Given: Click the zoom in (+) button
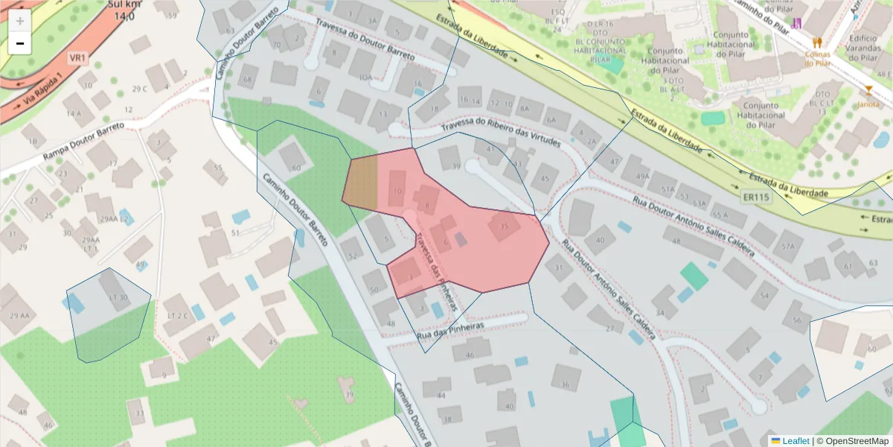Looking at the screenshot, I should click(x=19, y=21).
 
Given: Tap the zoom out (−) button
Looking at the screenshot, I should click(x=19, y=43).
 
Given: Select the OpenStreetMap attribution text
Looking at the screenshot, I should click(x=852, y=441).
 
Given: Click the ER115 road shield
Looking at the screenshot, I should click(x=756, y=197).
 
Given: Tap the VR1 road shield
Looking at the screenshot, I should click(x=78, y=57).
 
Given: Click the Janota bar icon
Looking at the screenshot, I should click(x=868, y=92).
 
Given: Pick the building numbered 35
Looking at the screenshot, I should click(x=505, y=226).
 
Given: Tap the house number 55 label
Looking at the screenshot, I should click(x=219, y=168).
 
